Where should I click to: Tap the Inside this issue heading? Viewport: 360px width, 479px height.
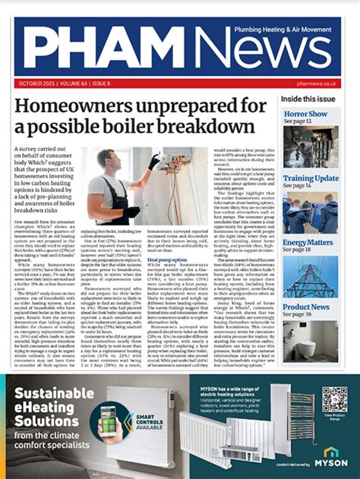[309, 99]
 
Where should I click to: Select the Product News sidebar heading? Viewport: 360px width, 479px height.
[306, 307]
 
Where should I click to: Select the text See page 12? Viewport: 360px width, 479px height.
[298, 121]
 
